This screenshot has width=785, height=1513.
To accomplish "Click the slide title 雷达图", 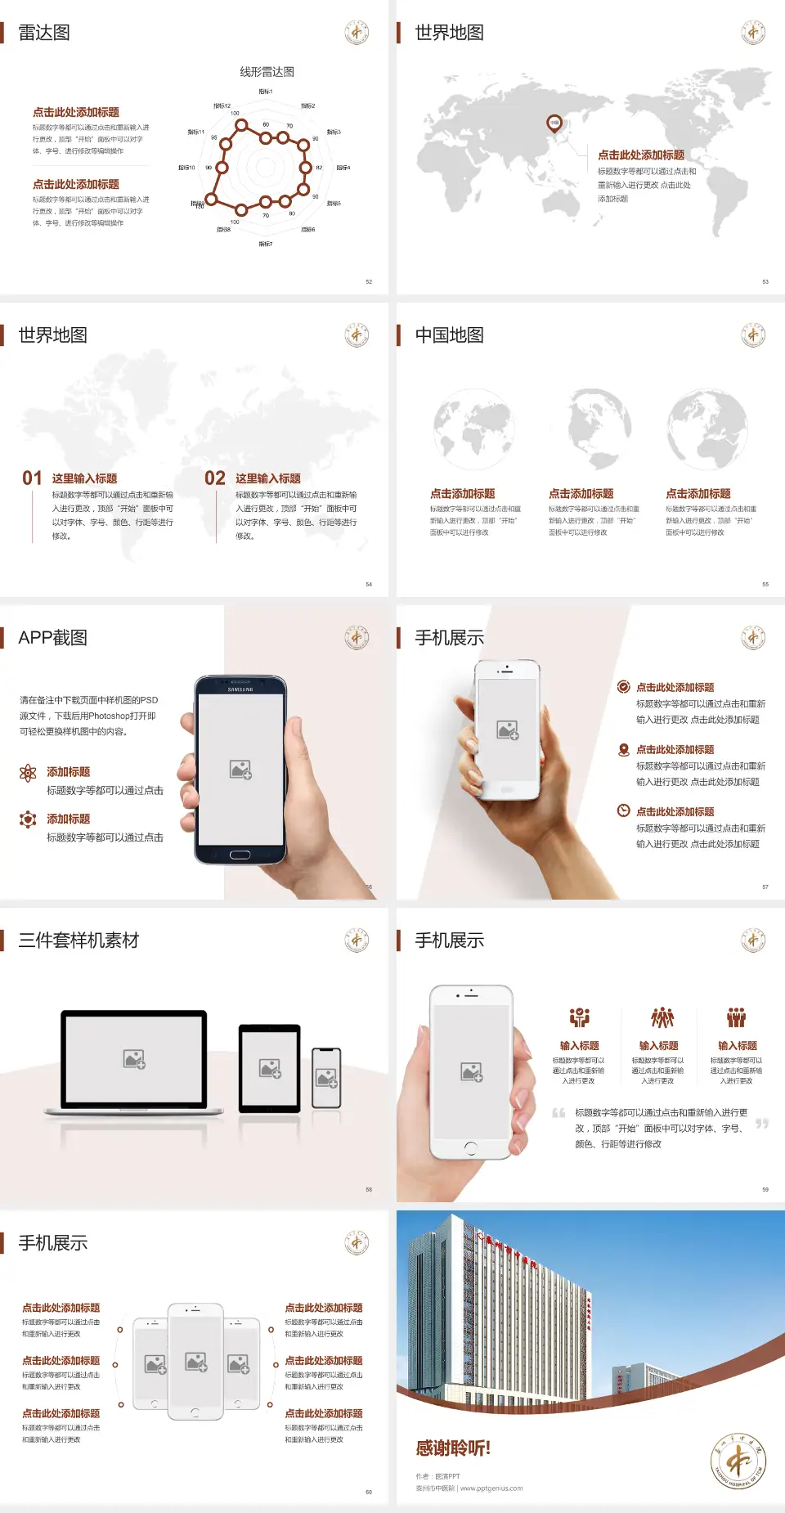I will tap(44, 33).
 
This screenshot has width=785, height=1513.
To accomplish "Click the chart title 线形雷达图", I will tap(267, 72).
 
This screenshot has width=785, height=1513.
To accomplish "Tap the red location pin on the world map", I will tap(554, 123).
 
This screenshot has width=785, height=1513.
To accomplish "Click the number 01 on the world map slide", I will tap(32, 478).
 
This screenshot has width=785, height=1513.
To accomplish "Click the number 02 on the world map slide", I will tap(215, 478).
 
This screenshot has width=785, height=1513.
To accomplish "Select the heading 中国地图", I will tap(449, 335).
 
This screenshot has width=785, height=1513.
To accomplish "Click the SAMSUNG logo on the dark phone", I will tap(240, 689).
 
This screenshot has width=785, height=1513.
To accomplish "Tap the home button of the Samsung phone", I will tap(240, 855).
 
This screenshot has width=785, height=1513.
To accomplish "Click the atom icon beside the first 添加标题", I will tap(28, 773).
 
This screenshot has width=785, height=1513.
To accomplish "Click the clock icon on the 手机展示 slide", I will tap(623, 810).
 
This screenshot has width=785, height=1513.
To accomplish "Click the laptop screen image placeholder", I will tap(134, 1059).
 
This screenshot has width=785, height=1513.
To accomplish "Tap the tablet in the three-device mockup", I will tap(270, 1067).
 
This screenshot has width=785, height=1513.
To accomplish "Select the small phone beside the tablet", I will tap(326, 1078).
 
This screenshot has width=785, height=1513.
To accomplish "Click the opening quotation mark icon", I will tap(558, 1113).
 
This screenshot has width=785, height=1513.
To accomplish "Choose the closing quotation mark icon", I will tap(762, 1124).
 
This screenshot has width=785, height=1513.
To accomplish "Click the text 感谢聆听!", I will tap(453, 1448).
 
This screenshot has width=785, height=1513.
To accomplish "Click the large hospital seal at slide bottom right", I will tap(738, 1461).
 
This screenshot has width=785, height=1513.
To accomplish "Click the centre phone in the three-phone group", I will tap(195, 1362).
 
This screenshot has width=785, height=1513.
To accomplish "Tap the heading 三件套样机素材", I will tap(78, 941).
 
